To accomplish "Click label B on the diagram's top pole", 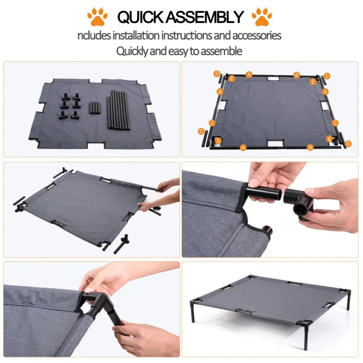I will tap(297, 75).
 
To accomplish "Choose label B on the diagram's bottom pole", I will tap(310, 147).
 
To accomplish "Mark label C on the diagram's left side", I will tap(212, 123).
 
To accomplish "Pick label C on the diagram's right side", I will tap(335, 123).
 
